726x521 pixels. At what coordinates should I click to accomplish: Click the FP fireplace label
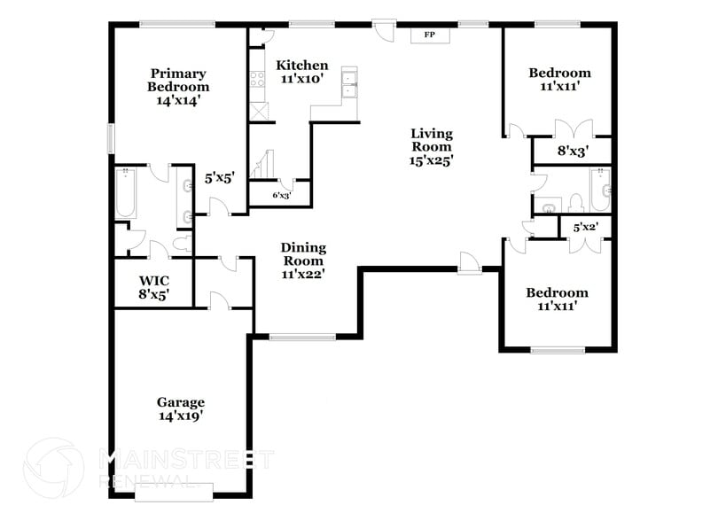pos(429,35)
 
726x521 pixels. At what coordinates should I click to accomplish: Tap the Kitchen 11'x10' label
pos(302,72)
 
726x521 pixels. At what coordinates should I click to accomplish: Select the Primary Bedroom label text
pos(178,87)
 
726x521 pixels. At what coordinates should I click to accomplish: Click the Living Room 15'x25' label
pos(432,147)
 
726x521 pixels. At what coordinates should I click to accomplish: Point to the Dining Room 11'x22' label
pos(303,260)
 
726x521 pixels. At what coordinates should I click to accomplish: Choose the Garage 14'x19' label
pos(181,408)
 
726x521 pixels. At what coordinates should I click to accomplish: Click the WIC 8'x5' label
pos(153,284)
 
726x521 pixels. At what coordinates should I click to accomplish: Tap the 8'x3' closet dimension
pos(571,152)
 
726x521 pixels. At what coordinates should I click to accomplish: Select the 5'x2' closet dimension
pos(585,228)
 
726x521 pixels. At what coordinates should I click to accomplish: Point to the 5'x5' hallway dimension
pos(218,178)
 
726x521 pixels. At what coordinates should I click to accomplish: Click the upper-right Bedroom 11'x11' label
pos(558,80)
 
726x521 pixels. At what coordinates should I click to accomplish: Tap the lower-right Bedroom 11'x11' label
pos(557,299)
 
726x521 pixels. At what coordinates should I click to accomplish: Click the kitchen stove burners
pos(259,80)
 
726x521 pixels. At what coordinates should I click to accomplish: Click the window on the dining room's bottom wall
pos(302,336)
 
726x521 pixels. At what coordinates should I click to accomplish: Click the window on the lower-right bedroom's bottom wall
pos(558,350)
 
